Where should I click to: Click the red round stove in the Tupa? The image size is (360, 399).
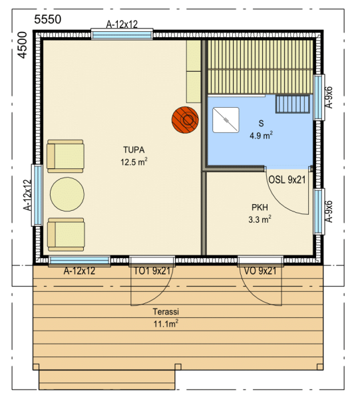[x=185, y=120]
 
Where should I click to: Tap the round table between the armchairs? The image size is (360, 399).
[x=67, y=194]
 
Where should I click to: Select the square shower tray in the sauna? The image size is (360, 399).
[x=226, y=120]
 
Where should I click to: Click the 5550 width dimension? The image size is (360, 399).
[x=48, y=19]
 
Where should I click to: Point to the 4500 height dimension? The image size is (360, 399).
[x=23, y=45]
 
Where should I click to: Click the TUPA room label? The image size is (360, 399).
[x=134, y=150]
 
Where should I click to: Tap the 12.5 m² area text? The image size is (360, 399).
[x=134, y=162]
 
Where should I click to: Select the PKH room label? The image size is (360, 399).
[x=260, y=207]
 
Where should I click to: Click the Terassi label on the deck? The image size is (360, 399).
[x=166, y=311]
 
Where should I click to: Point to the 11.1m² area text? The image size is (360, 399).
[x=166, y=324]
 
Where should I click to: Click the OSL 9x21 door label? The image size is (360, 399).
[x=287, y=180]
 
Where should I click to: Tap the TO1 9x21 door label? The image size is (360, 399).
[x=152, y=271]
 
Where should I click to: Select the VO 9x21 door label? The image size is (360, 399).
[x=260, y=271]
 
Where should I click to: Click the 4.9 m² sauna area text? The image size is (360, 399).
[x=262, y=135]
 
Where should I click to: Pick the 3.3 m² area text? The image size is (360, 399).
[x=260, y=219]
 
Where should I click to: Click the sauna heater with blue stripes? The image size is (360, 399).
[x=293, y=104]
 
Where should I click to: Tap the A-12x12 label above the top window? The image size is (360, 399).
[x=122, y=25]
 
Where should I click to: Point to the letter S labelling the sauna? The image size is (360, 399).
[x=261, y=124]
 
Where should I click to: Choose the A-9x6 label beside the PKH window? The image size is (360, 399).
[x=329, y=211]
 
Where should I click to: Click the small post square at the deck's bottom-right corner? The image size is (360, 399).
[x=320, y=366]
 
